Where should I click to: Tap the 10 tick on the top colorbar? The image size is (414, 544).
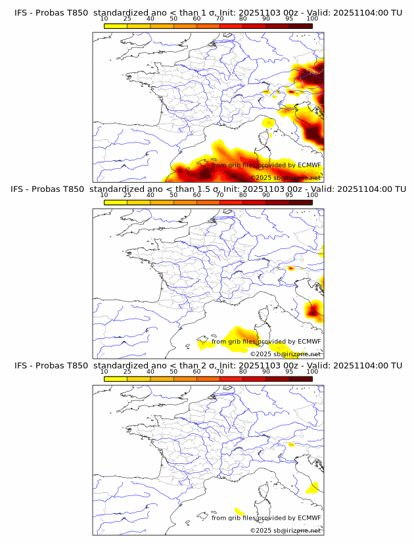(104, 18)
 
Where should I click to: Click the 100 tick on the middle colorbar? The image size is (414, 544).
(312, 194)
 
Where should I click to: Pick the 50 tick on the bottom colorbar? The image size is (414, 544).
(173, 371)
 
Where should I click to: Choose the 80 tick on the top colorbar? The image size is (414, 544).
(243, 18)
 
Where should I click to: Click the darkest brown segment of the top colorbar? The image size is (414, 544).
(301, 26)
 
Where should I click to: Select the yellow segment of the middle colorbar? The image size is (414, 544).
(116, 202)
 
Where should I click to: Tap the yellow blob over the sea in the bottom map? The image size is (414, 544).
(239, 511)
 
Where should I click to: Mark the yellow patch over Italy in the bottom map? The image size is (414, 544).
(314, 487)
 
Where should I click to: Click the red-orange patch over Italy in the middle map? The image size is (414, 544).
(314, 310)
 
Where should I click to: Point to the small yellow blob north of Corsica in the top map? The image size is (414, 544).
(268, 122)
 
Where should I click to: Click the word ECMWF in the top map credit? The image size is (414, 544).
(310, 166)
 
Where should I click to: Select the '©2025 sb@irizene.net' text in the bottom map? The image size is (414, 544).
(285, 530)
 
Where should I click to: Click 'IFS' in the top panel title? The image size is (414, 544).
(21, 13)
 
